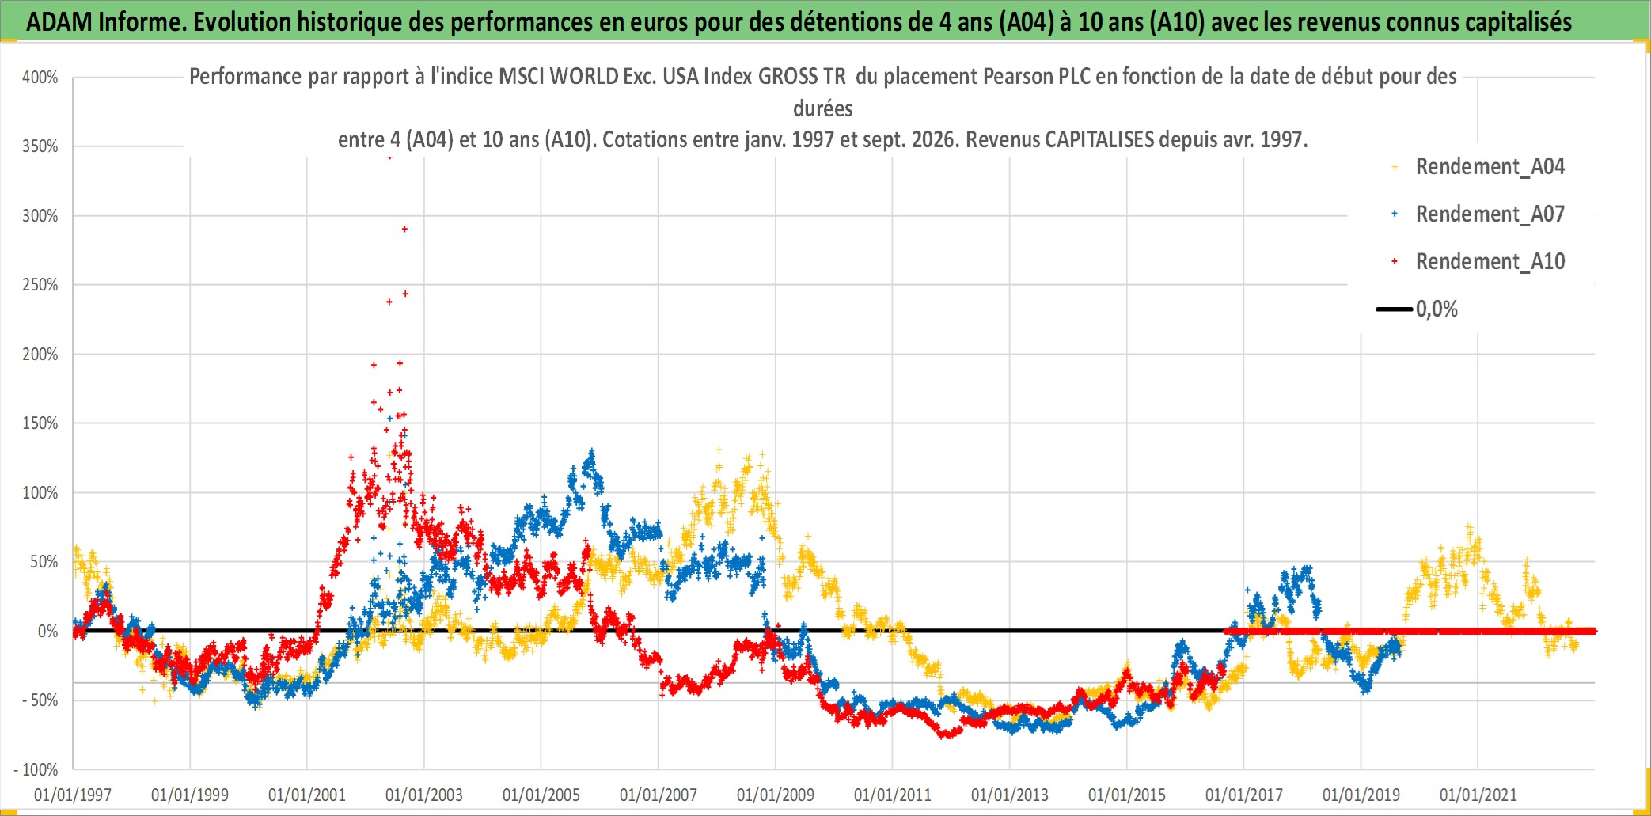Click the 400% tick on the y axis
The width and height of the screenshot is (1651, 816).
[40, 78]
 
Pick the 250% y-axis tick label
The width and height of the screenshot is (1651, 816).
[40, 285]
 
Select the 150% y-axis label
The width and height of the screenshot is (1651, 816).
[40, 423]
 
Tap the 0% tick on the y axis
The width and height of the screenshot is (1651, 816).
[48, 632]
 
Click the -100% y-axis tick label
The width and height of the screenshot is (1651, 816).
[36, 769]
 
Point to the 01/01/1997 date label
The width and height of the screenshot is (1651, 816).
[73, 795]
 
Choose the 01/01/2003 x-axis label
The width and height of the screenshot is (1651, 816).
[424, 795]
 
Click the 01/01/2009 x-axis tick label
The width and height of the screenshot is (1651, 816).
[776, 795]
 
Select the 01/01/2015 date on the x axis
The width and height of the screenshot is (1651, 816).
[1127, 795]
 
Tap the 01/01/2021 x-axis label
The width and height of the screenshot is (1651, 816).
[1478, 795]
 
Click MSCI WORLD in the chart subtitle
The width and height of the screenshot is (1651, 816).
[559, 76]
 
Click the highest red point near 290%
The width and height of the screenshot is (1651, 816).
[405, 230]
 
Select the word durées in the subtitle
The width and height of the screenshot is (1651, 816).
[823, 108]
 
